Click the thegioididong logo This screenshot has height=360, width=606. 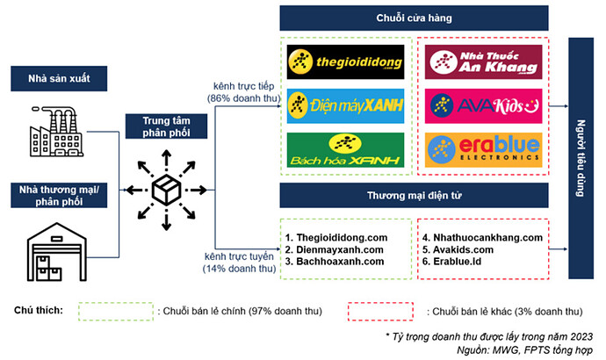click(x=345, y=62)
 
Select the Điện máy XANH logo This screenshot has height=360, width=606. click(x=345, y=105)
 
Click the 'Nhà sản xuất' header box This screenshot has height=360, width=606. click(x=64, y=81)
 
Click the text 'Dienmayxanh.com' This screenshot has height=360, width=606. click(x=335, y=248)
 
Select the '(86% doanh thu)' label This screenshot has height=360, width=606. click(x=242, y=98)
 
